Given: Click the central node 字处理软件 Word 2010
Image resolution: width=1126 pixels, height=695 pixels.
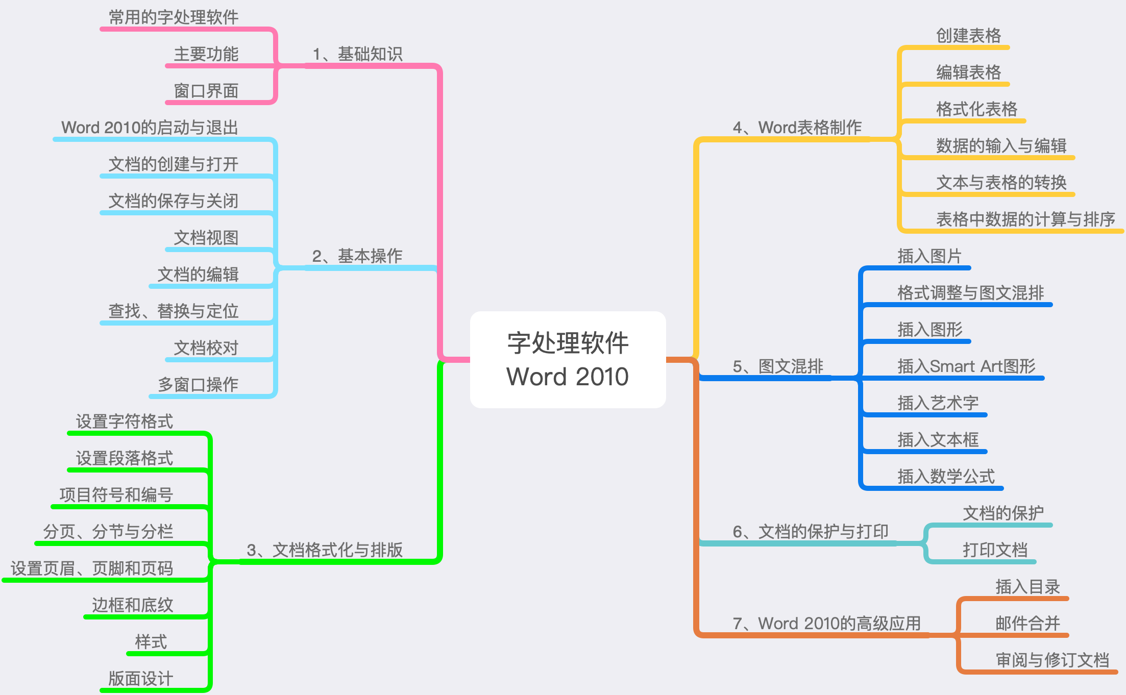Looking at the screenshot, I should pyautogui.click(x=568, y=359).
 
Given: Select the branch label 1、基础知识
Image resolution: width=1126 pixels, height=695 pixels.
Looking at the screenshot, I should pyautogui.click(x=357, y=54).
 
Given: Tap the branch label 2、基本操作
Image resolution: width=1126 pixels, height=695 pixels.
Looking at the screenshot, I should pyautogui.click(x=357, y=256).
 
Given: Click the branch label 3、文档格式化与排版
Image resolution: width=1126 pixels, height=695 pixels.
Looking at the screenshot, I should pyautogui.click(x=325, y=550).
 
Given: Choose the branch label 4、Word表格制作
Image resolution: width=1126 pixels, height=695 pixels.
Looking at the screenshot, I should pyautogui.click(x=797, y=127).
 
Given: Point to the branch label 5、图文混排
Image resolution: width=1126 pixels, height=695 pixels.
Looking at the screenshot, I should pyautogui.click(x=778, y=366).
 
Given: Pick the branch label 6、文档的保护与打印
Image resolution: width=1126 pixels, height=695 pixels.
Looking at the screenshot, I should pyautogui.click(x=811, y=531).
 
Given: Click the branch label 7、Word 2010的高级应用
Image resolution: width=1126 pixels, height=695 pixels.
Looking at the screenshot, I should pyautogui.click(x=827, y=623).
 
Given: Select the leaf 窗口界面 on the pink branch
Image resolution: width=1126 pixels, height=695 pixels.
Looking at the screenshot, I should pyautogui.click(x=206, y=91).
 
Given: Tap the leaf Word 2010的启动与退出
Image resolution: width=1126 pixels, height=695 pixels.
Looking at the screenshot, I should pyautogui.click(x=150, y=127).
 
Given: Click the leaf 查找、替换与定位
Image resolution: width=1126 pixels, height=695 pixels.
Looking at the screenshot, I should pyautogui.click(x=174, y=311).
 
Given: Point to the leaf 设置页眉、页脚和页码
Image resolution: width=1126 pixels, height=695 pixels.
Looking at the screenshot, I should pyautogui.click(x=92, y=568).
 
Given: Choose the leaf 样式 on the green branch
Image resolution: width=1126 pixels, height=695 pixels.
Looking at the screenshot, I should pyautogui.click(x=151, y=641).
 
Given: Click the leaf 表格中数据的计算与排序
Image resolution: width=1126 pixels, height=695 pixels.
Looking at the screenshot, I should pyautogui.click(x=1025, y=219).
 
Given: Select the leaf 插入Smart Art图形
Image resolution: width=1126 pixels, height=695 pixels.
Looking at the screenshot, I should pyautogui.click(x=966, y=366).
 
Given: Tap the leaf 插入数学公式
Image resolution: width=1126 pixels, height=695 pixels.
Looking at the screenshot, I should pyautogui.click(x=946, y=476).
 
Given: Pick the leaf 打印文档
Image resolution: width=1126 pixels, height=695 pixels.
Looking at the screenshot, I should pyautogui.click(x=995, y=550).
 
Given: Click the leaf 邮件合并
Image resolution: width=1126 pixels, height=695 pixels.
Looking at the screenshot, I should pyautogui.click(x=1027, y=623).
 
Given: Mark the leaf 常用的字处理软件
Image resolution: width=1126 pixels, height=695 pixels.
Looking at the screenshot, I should pyautogui.click(x=174, y=17).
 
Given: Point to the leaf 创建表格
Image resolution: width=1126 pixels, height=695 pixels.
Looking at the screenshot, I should pyautogui.click(x=968, y=35).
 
